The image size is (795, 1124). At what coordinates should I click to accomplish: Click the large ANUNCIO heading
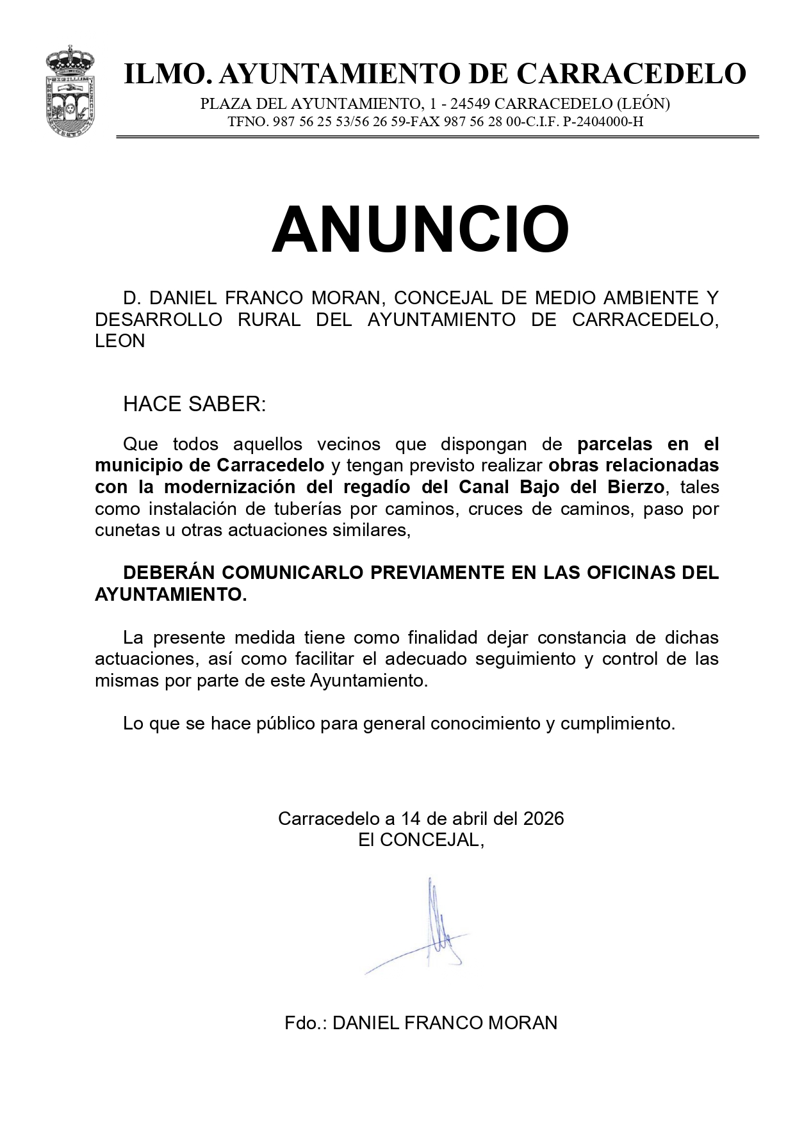click(420, 230)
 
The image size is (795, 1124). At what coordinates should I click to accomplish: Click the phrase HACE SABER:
click(194, 404)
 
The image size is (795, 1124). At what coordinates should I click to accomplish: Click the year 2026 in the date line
click(543, 819)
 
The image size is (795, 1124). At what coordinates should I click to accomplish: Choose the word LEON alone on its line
click(120, 341)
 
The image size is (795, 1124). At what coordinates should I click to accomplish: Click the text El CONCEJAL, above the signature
click(420, 840)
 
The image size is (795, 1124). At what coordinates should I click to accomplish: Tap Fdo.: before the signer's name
click(306, 1023)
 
